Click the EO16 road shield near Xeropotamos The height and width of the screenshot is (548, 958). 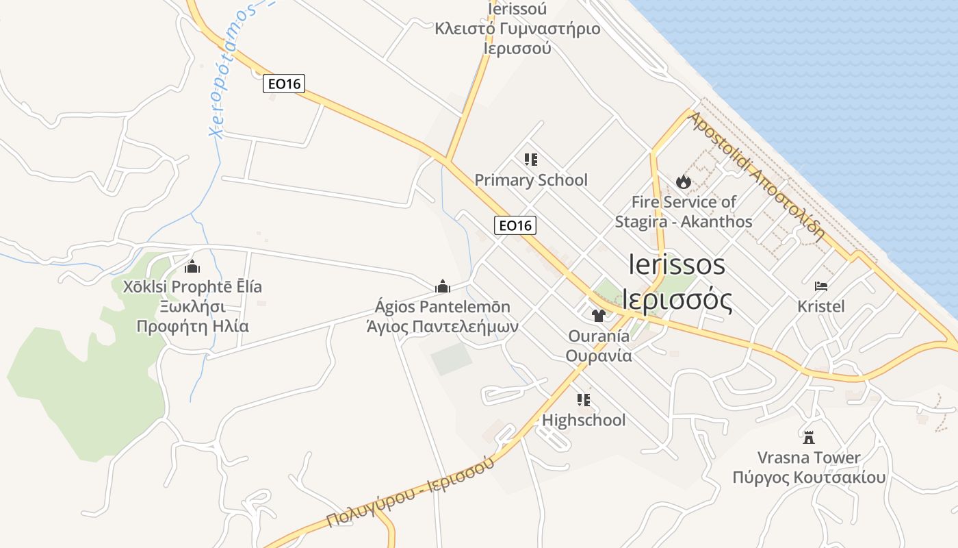284,84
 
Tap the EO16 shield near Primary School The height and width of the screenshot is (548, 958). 515,225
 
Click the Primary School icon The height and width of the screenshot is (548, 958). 530,160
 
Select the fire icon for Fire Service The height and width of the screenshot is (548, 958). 683,182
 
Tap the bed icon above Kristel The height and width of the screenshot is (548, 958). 821,286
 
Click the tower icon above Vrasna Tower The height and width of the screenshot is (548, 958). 809,437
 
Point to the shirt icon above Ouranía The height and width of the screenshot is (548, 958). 599,316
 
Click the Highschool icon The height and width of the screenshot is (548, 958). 584,400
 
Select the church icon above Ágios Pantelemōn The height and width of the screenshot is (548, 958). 443,286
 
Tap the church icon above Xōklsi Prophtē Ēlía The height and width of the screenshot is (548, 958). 192,266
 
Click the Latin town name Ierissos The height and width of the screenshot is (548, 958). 677,265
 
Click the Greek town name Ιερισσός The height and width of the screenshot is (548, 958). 677,300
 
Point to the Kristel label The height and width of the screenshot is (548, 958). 821,306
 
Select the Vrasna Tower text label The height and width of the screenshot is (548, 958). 809,458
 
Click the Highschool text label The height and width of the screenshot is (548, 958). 584,420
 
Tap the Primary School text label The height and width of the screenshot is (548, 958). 531,180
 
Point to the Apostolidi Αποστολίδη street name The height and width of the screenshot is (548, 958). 756,176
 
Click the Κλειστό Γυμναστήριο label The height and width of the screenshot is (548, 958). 517,29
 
